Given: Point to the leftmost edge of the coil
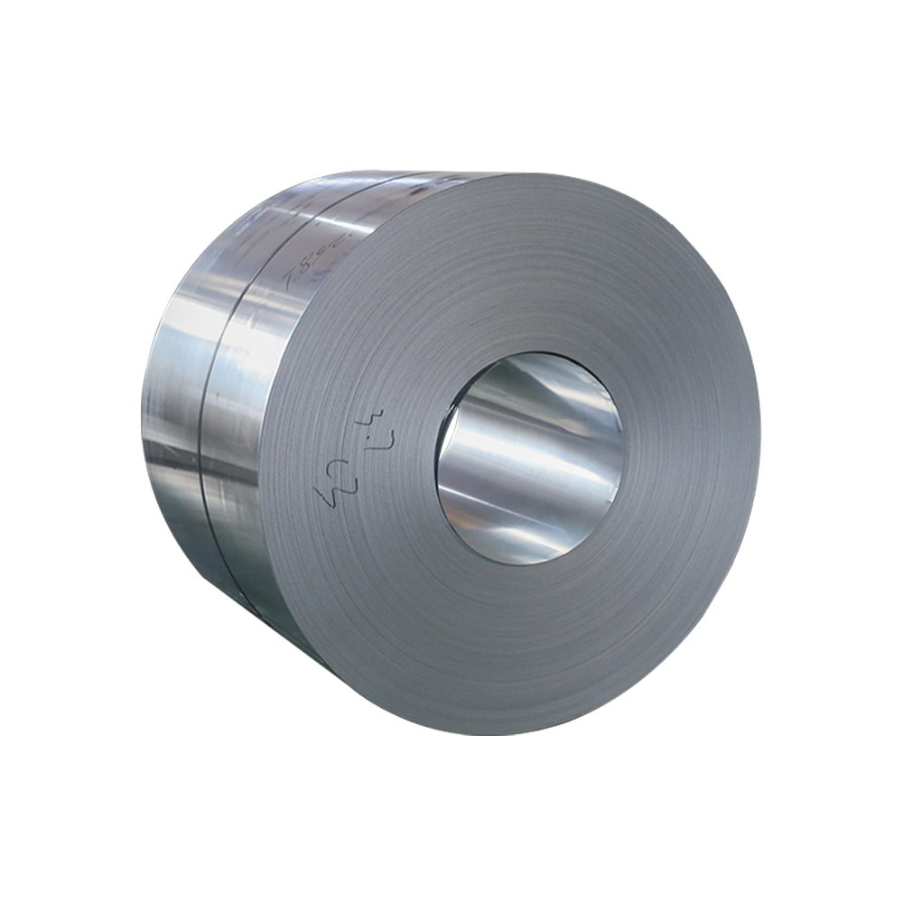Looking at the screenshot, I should coord(143,406).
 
